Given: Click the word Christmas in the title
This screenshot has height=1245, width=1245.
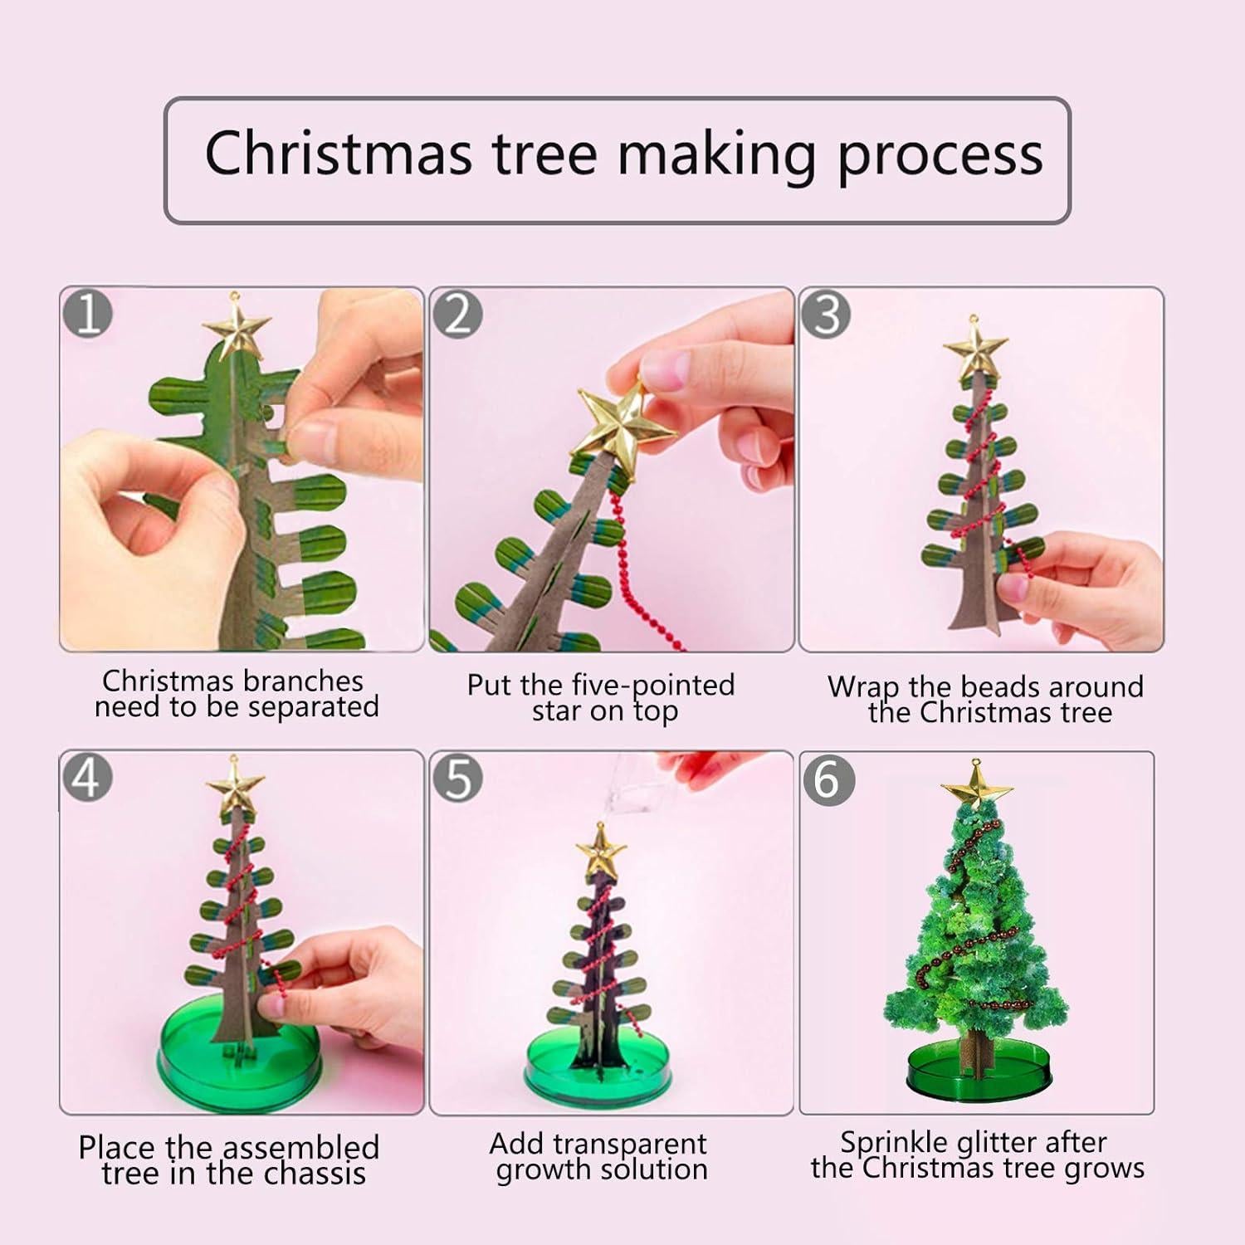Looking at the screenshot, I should (x=338, y=154).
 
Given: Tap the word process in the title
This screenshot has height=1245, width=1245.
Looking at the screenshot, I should (x=940, y=155).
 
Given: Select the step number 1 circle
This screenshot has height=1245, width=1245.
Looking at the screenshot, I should (x=88, y=315).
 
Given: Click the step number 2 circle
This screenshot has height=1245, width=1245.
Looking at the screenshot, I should (x=458, y=315).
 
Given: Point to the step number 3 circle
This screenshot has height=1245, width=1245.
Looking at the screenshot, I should (x=827, y=315).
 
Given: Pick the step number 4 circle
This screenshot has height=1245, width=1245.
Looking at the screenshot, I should (x=88, y=778).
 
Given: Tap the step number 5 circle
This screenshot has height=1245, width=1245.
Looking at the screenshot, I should (x=458, y=778).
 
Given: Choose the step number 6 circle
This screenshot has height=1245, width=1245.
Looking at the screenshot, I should (x=827, y=780).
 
